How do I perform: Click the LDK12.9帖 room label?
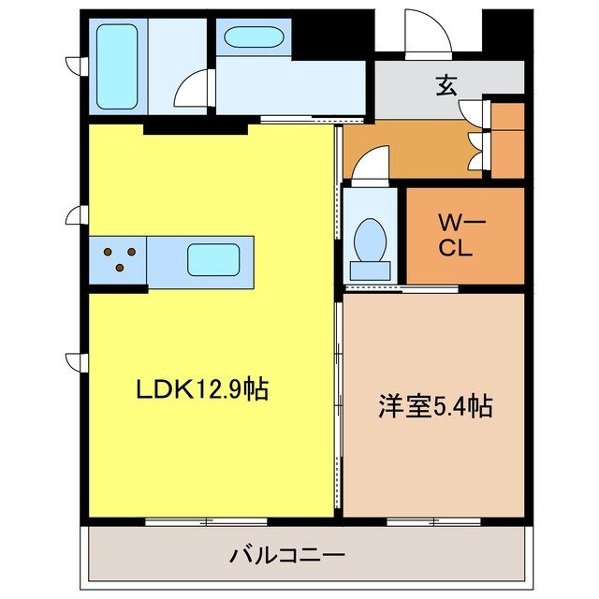tap(204, 389)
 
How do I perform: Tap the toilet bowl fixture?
tap(372, 241)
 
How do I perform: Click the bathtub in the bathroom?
tap(117, 66)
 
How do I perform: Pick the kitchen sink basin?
tap(212, 259)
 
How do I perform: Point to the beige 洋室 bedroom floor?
tap(432, 459)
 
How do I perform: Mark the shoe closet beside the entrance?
tap(507, 140)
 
